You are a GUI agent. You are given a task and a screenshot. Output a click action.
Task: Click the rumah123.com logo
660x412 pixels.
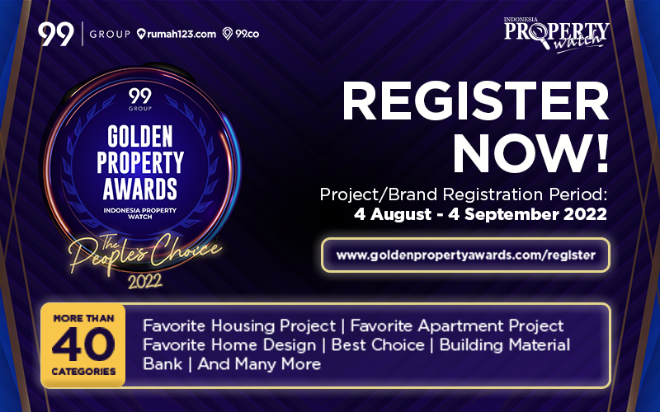point(177,34)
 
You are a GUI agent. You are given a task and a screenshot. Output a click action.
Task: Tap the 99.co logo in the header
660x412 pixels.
point(243,34)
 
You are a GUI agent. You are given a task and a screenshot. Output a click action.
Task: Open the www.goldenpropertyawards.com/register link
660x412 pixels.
point(465,255)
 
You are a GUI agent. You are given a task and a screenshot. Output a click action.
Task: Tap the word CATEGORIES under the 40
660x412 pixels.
point(82,372)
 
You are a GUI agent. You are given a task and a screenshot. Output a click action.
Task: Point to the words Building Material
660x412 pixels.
point(505,344)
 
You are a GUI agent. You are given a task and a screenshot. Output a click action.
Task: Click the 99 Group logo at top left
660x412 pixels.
point(83,34)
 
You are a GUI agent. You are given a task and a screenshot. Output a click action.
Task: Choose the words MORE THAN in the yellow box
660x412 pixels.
point(82,317)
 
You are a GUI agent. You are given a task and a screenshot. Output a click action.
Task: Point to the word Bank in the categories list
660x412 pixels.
point(161,363)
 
